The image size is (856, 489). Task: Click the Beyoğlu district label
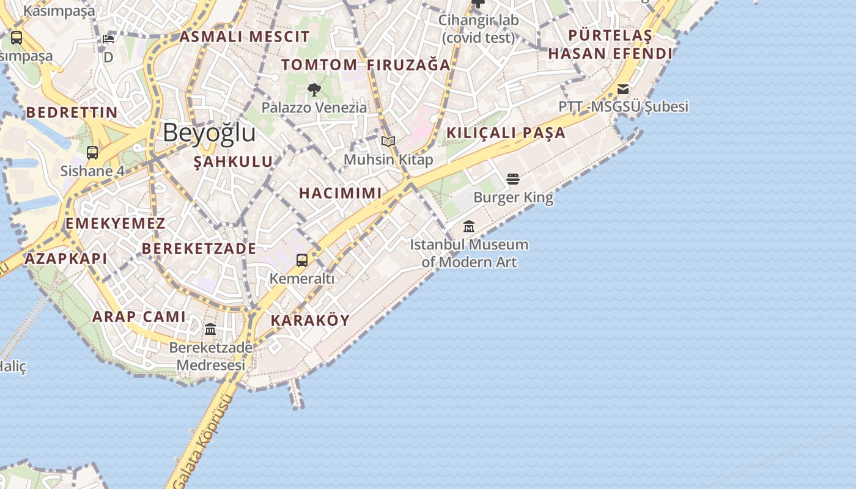208,133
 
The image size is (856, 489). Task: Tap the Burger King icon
513,178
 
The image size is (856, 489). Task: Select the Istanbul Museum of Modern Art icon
469,226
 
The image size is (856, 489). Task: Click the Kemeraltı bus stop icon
302,260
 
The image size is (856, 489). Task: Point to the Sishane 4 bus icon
92,153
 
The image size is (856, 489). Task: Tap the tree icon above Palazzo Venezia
314,90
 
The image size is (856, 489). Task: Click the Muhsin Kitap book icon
388,142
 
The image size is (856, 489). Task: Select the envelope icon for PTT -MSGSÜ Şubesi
623,89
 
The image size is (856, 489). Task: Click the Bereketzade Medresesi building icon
210,329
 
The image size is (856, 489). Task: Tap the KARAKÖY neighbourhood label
310,320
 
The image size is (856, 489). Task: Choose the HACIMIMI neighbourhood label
341,193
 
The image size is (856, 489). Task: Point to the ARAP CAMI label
139,317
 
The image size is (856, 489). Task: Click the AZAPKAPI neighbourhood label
65,259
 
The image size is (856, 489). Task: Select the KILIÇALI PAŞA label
506,133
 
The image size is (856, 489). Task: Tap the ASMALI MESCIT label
245,37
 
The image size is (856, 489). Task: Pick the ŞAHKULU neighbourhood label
233,162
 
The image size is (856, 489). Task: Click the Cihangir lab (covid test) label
479,29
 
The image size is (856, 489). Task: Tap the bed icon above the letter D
108,39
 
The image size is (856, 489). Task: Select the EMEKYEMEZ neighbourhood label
116,224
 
